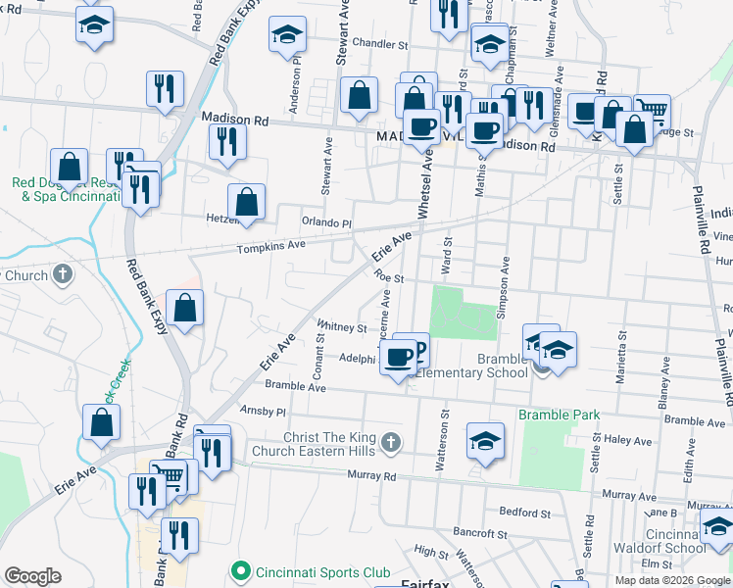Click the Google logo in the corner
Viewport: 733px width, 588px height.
click(33, 576)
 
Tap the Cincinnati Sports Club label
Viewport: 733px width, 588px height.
click(322, 572)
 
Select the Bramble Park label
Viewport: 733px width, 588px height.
click(559, 415)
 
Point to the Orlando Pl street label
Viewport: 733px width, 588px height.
click(325, 222)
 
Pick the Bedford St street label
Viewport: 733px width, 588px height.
click(524, 513)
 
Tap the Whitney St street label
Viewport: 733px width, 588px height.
click(341, 327)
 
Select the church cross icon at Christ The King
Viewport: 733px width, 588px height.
click(390, 443)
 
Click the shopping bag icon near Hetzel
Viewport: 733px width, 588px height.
click(248, 202)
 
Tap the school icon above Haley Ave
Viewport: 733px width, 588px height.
click(485, 440)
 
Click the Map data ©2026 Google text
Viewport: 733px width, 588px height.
click(672, 579)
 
